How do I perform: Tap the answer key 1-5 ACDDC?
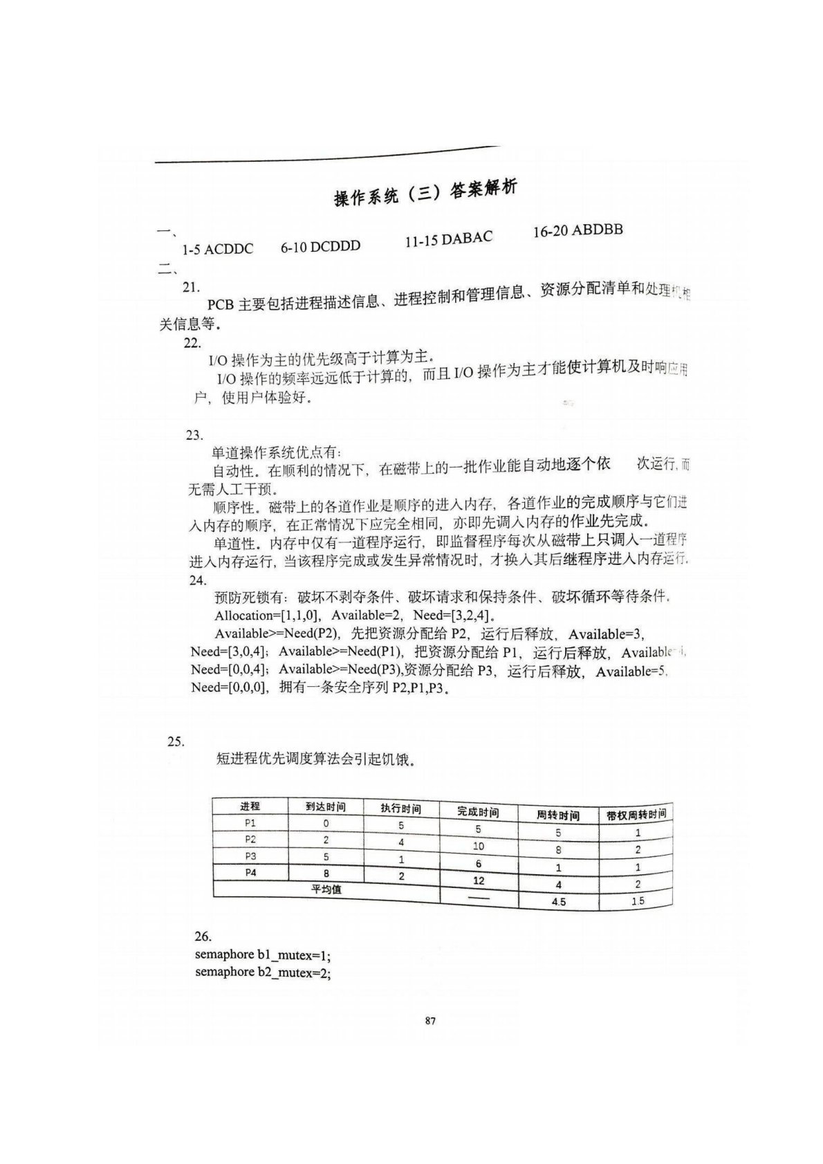pyautogui.click(x=217, y=249)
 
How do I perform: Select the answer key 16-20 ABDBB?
pyautogui.click(x=577, y=230)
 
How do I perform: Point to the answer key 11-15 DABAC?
pyautogui.click(x=448, y=239)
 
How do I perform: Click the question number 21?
pyautogui.click(x=192, y=287)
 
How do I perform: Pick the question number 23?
pyautogui.click(x=194, y=435)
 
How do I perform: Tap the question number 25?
pyautogui.click(x=176, y=741)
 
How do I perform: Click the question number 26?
pyautogui.click(x=203, y=936)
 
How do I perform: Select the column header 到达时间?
pyautogui.click(x=325, y=806)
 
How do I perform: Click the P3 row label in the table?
pyautogui.click(x=250, y=856)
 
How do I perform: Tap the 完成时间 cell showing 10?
pyautogui.click(x=478, y=846)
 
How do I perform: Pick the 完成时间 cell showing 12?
pyautogui.click(x=479, y=880)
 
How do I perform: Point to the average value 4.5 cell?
pyautogui.click(x=559, y=902)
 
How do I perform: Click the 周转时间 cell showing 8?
pyautogui.click(x=558, y=850)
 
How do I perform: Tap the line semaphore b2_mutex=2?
pyautogui.click(x=263, y=972)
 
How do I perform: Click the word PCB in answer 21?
pyautogui.click(x=221, y=305)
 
